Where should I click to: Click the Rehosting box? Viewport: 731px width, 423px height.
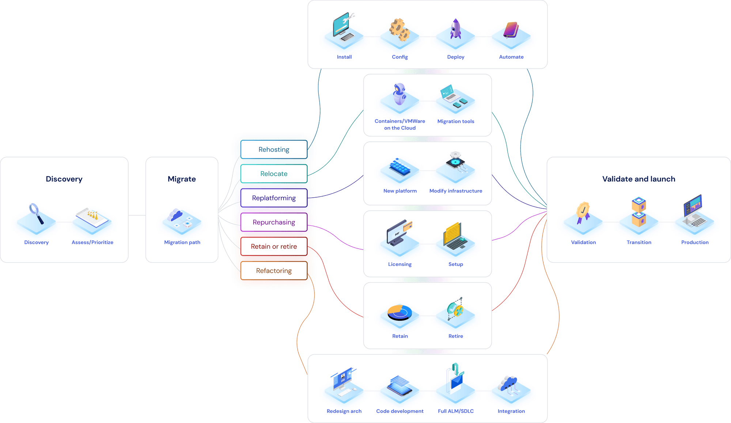coord(274,149)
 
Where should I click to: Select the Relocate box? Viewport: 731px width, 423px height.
coord(274,174)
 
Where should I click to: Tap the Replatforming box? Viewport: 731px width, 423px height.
coord(274,198)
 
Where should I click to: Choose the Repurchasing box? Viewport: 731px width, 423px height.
coord(274,222)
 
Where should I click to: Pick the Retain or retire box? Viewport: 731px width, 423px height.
coord(274,247)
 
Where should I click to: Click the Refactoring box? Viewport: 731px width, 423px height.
coord(274,271)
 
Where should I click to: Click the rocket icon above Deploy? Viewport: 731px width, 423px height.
coord(455,29)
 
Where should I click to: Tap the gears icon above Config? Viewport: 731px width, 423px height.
coord(399,30)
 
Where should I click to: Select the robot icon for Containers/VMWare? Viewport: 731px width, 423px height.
coord(399,94)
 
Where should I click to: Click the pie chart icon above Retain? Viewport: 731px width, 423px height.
coord(399,312)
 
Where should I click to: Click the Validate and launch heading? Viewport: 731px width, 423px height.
coord(639,179)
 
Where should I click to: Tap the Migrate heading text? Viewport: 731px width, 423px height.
coord(182,179)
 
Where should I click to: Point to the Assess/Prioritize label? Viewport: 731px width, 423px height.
coord(92,242)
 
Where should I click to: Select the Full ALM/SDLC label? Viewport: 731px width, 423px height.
coord(456,411)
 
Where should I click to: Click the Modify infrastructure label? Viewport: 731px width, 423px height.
coord(456,191)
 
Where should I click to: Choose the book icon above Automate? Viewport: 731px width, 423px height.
coord(511,30)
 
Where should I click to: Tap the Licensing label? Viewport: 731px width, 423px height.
coord(400,264)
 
